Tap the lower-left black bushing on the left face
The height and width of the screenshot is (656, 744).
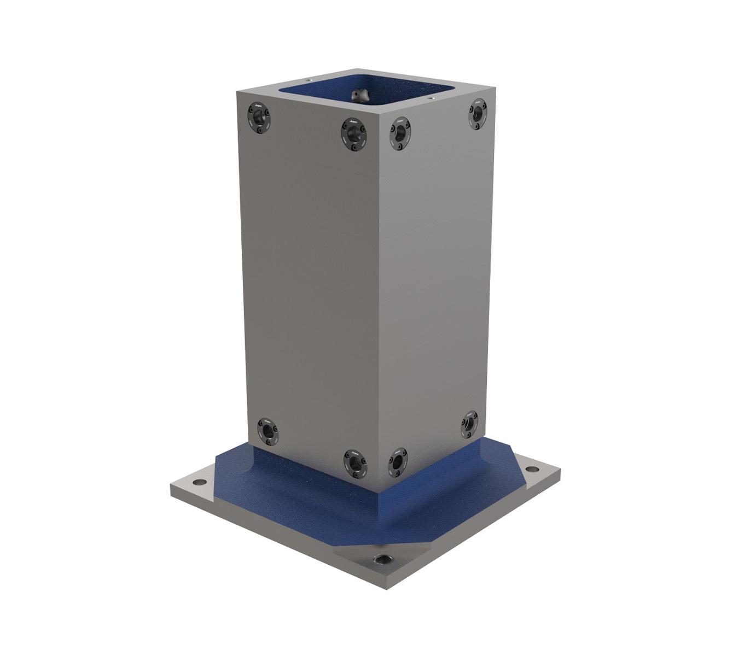coord(268,431)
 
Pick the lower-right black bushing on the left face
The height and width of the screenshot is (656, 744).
coord(355,462)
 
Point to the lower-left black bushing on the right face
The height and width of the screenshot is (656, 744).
coord(398,462)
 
